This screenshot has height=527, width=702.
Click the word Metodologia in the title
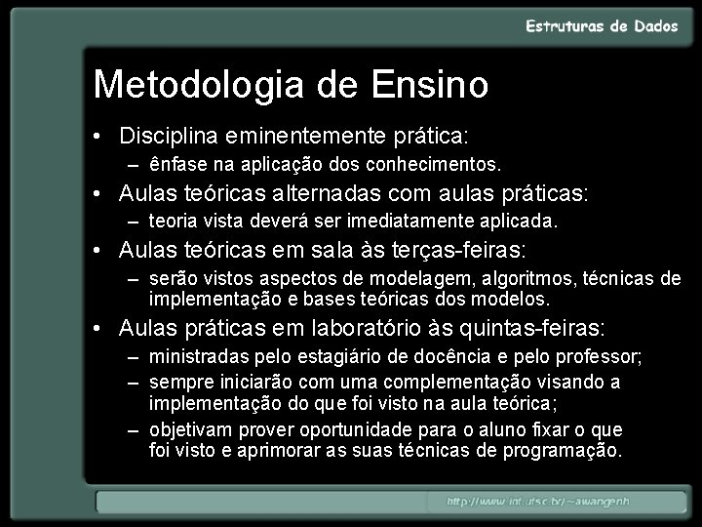click(x=199, y=85)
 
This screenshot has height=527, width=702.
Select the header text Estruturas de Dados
click(x=602, y=26)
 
